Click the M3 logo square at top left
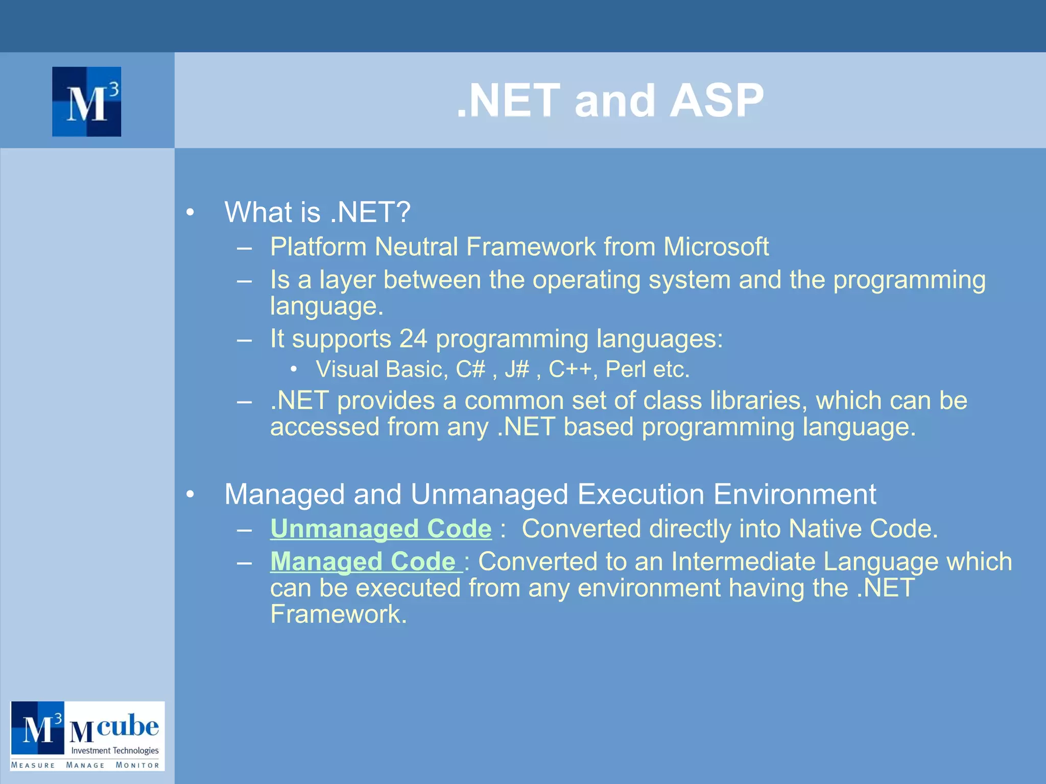(86, 102)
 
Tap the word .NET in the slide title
(509, 101)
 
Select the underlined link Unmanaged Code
(381, 529)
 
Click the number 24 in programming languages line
(413, 339)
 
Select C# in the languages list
(470, 370)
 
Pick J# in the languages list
(516, 370)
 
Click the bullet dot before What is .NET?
(190, 212)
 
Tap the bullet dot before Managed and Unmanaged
(190, 494)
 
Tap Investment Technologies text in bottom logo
(114, 750)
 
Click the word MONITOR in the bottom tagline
(137, 765)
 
